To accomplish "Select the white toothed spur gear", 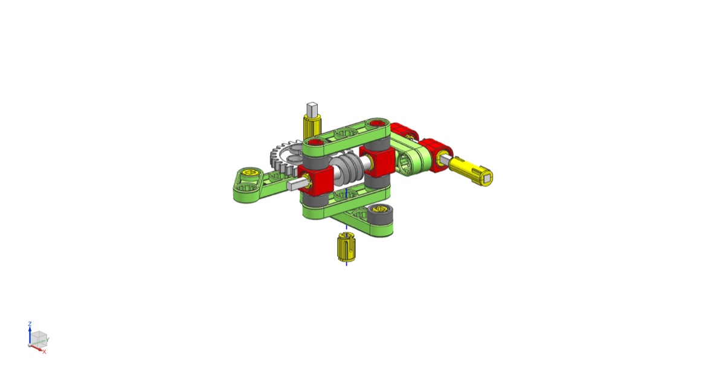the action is pyautogui.click(x=285, y=160).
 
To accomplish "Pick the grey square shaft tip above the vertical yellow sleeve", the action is pyautogui.click(x=312, y=109).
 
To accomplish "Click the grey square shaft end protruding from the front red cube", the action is pyautogui.click(x=295, y=185).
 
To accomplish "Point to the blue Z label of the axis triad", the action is pyautogui.click(x=30, y=324).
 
